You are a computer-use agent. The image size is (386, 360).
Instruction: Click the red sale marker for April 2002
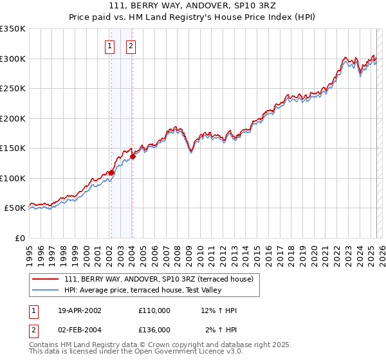coord(111,172)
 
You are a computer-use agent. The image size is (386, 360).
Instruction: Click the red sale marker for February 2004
coord(132,156)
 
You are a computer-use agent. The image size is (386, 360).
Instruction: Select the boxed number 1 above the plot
coord(110,46)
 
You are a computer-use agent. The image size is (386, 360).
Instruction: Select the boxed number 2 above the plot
coord(131,46)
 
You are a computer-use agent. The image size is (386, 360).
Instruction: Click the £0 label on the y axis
coord(20,238)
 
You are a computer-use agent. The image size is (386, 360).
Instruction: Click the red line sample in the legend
coord(46,279)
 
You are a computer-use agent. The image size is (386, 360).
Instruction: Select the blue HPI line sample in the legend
coord(46,290)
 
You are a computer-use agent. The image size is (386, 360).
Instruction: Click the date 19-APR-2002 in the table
coord(80,310)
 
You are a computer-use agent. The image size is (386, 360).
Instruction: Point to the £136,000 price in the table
coord(154,330)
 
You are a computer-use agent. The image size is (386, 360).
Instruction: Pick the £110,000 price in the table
coord(154,310)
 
